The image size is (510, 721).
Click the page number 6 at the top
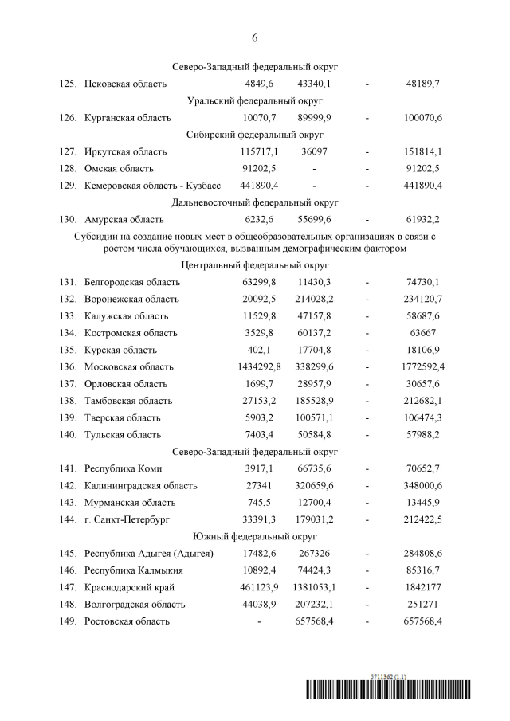255,37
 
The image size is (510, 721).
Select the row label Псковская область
125,84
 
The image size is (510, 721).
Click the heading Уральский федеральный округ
255,101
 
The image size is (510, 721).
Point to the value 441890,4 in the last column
424,186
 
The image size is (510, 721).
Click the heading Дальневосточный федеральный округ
255,203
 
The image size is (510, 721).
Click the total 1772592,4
424,366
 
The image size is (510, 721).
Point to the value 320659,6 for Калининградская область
315,485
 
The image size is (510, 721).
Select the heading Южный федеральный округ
255,536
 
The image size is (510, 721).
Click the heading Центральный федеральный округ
255,265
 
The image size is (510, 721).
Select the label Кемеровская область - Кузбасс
153,186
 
